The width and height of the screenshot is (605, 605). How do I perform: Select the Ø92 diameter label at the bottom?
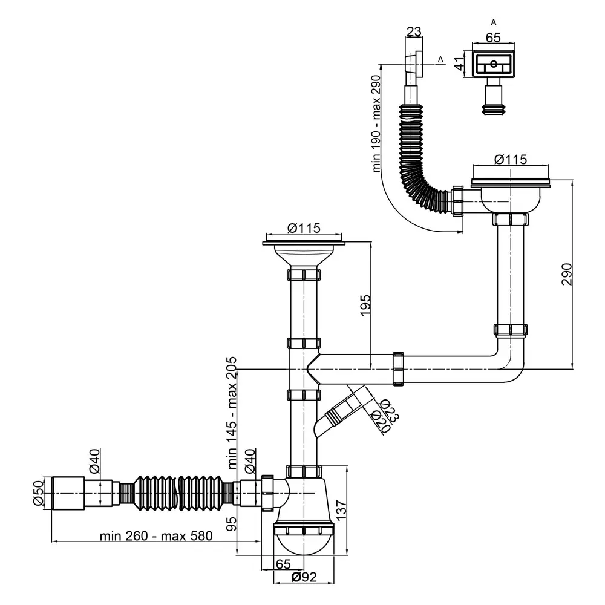point(304,577)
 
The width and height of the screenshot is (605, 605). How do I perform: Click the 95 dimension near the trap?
point(232,524)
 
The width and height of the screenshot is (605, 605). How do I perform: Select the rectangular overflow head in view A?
point(494,63)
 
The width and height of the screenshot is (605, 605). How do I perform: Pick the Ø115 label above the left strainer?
point(304,228)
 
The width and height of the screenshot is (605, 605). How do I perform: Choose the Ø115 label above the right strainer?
point(510,159)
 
